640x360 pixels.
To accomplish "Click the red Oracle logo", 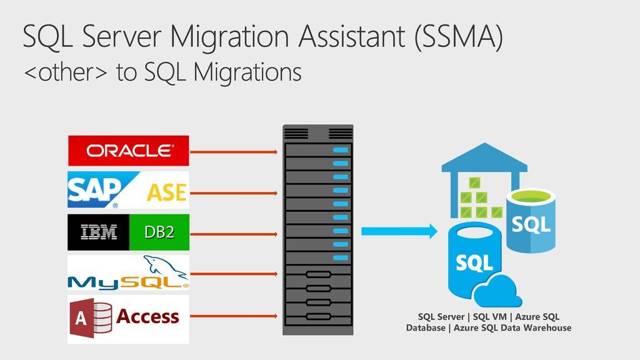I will coord(128,151).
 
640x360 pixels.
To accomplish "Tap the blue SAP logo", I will coord(94,190).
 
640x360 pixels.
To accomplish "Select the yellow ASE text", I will coord(166,192).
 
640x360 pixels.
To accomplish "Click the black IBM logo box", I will coord(98,232).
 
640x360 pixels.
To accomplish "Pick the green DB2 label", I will coord(159,232).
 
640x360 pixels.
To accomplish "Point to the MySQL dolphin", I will coord(163,266).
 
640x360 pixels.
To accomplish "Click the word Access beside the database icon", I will coord(147,316).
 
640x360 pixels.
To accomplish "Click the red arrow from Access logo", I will coord(233,316).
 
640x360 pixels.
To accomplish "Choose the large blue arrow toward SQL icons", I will coord(399,231).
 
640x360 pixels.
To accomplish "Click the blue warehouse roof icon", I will coord(484,158).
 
